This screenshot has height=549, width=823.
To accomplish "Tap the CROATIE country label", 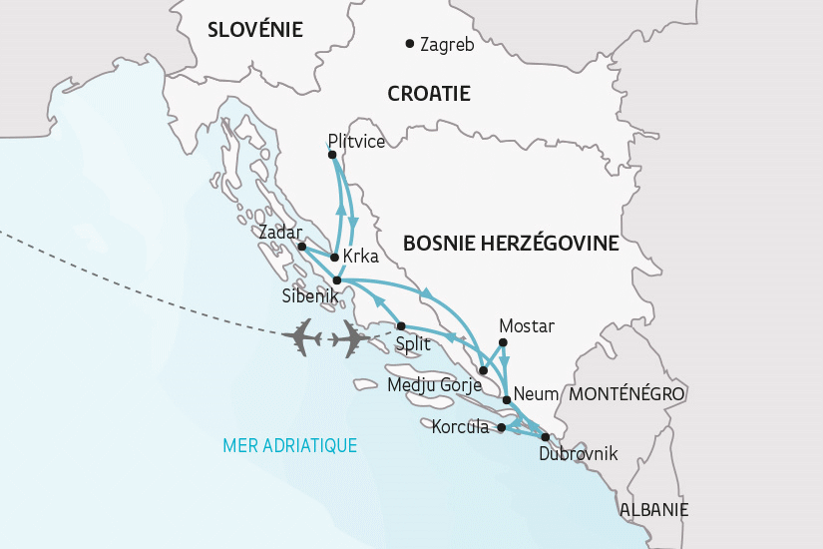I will coord(428,94).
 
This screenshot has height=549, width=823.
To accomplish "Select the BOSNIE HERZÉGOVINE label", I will coord(511,244).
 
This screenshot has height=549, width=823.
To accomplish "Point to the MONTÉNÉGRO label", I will coord(626,394).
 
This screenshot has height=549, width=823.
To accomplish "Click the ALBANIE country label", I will coord(653,509).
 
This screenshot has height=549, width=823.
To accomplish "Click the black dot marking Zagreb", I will coord(409,43).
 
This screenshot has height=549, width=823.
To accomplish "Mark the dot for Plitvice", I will coord(332,155).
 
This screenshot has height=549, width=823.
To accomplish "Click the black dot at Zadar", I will coord(302,246).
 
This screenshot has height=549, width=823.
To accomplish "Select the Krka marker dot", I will coord(334,257).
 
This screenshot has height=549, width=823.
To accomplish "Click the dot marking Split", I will coord(401,326).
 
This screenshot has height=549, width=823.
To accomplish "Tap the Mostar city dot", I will coord(503,344).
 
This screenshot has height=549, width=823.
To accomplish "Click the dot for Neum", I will coord(507,399).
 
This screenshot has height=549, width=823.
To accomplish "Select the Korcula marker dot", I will coord(502,428).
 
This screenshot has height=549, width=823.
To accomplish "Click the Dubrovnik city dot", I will coord(545,436).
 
